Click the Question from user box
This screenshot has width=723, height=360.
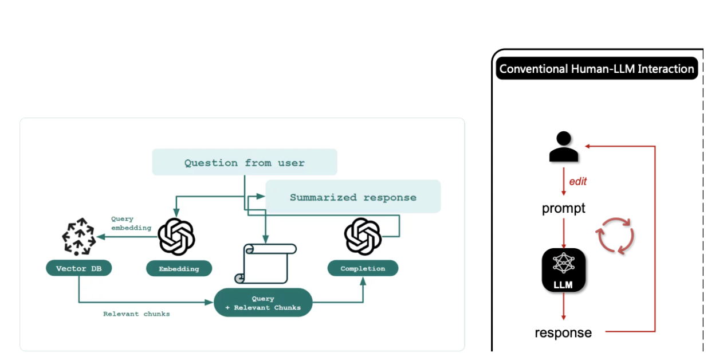point(245,162)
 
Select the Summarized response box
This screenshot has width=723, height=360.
point(353,197)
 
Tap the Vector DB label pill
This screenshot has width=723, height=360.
point(78,268)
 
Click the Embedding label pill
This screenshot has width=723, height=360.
point(179,269)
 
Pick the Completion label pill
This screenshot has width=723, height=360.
point(363,268)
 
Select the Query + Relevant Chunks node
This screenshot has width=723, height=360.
point(263,303)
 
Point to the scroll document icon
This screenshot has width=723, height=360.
point(265,264)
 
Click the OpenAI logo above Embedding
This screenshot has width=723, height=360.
point(176,237)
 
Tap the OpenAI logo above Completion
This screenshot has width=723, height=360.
point(363,236)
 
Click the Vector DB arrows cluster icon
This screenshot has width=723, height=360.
point(79,237)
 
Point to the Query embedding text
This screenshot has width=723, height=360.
point(131,224)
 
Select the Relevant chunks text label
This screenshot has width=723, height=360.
point(136,314)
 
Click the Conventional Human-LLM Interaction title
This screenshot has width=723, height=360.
point(596,69)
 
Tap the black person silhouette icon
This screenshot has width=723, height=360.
point(564,146)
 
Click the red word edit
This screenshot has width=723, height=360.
point(577,182)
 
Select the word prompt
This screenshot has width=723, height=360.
point(564,208)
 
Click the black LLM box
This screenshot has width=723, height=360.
point(564,270)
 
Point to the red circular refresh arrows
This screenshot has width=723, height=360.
point(615,236)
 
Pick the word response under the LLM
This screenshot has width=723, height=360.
point(563,332)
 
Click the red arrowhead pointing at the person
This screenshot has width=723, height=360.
point(587,146)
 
